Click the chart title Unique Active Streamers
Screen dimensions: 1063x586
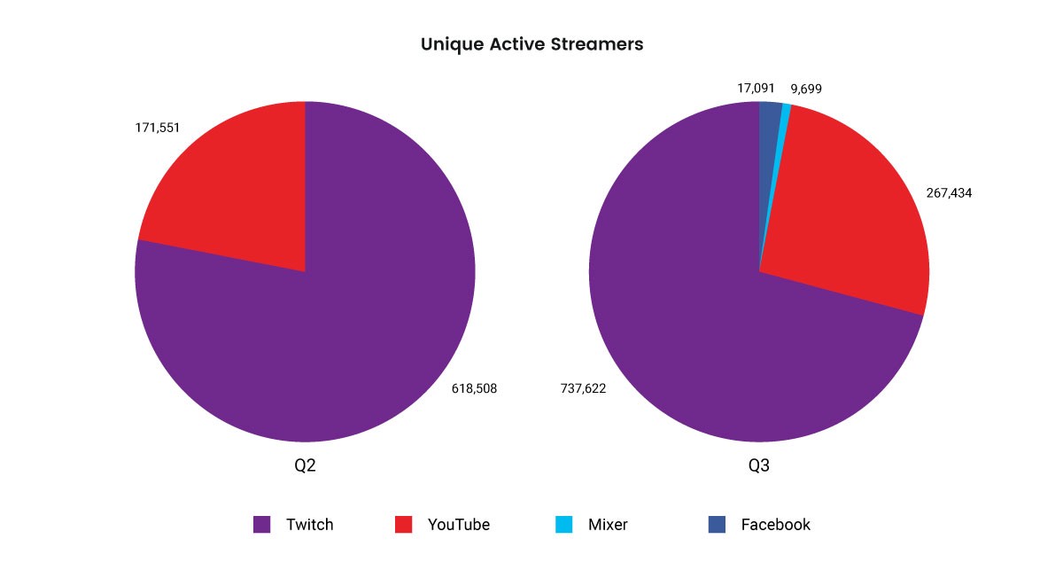[x=531, y=44]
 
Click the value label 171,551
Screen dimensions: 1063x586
[x=157, y=128]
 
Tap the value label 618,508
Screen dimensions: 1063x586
[x=474, y=388]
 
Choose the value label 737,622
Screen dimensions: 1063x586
[x=583, y=388]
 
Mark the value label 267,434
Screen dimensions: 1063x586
[x=949, y=192]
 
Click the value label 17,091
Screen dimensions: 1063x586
[x=756, y=89]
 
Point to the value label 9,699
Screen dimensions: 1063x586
[x=806, y=89]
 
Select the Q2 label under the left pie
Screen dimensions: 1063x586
[x=305, y=465]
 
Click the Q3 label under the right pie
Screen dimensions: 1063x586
[x=759, y=465]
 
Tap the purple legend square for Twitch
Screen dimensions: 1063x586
[x=261, y=524]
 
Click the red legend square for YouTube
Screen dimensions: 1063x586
[x=403, y=524]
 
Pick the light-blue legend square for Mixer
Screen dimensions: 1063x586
[x=563, y=524]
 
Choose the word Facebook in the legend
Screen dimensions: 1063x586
[x=775, y=525]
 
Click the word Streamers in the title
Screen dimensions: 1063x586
[x=597, y=44]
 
